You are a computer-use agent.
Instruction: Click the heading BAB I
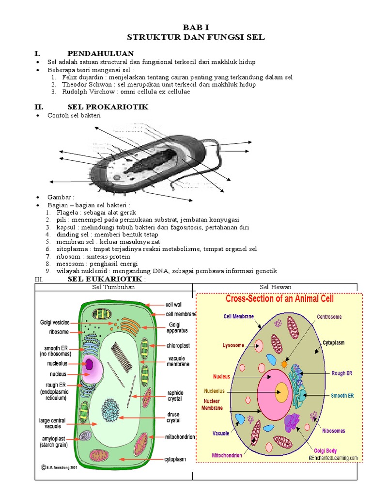(196, 28)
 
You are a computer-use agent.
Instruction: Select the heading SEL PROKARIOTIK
(108, 107)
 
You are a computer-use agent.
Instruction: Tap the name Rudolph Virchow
(85, 92)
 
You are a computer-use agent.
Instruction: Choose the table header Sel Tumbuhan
(113, 287)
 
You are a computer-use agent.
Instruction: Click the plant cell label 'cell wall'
(174, 305)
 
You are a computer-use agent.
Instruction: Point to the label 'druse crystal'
(174, 418)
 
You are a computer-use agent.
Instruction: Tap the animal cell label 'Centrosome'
(329, 317)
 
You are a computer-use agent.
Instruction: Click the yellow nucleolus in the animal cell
(281, 392)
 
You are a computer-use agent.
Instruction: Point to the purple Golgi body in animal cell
(293, 422)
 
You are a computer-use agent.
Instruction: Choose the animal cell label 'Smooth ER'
(342, 396)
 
